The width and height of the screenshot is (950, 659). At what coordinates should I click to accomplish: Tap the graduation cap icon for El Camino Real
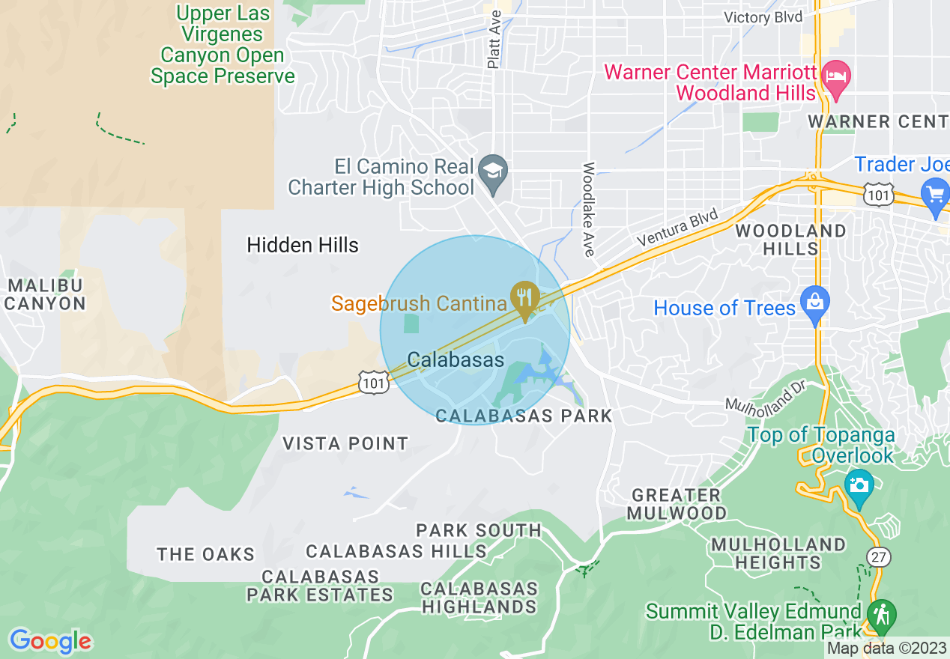(x=494, y=168)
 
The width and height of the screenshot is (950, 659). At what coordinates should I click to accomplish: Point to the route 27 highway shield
(x=880, y=556)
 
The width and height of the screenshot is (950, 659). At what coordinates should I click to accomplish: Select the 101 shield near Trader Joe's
(x=877, y=195)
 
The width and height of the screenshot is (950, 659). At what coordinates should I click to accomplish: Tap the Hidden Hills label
(x=303, y=245)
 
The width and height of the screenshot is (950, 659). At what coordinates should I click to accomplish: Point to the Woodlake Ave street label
(x=589, y=210)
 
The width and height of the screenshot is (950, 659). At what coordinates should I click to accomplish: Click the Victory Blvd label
(x=763, y=16)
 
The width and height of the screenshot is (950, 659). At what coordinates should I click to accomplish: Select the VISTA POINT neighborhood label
(x=345, y=443)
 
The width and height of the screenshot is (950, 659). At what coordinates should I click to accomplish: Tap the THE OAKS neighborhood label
(x=206, y=554)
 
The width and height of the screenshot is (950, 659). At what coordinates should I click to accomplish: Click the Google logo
(x=50, y=641)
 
